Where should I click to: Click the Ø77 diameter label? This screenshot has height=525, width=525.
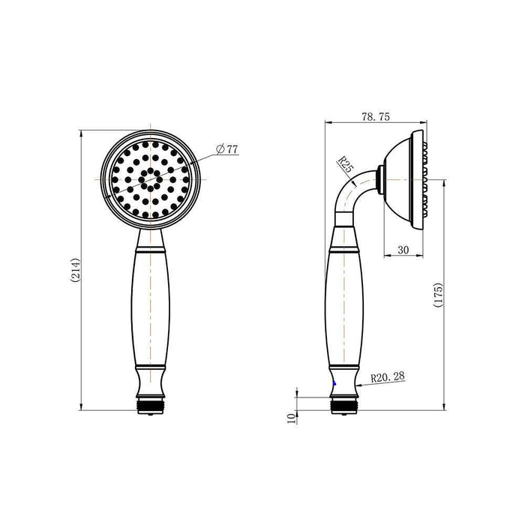click(x=226, y=149)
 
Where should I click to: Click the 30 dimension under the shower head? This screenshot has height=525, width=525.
click(x=403, y=250)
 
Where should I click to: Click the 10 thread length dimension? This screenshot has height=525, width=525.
click(x=291, y=417)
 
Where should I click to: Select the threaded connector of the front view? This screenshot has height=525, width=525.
click(x=153, y=405)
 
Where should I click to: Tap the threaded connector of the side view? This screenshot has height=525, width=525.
click(x=344, y=405)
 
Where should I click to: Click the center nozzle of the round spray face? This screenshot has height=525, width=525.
click(x=152, y=179)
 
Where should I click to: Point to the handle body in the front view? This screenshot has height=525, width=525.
click(x=153, y=307)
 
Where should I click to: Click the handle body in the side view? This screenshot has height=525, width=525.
click(x=344, y=307)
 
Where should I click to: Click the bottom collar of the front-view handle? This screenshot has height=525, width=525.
click(x=153, y=382)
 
